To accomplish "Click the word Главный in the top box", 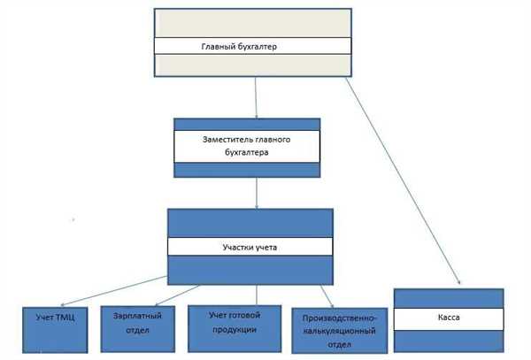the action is pyautogui.click(x=218, y=46).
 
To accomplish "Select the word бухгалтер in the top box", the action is pyautogui.click(x=258, y=47).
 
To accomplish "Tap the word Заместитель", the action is pyautogui.click(x=226, y=140).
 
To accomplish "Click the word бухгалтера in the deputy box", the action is pyautogui.click(x=247, y=153).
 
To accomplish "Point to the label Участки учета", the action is pyautogui.click(x=250, y=248).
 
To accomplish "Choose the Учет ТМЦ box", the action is pyautogui.click(x=55, y=330).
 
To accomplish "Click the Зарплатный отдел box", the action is pyautogui.click(x=138, y=329).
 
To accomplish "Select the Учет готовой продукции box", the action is pyautogui.click(x=235, y=328).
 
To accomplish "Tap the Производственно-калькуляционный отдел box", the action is pyautogui.click(x=340, y=331).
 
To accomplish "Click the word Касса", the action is pyautogui.click(x=449, y=318).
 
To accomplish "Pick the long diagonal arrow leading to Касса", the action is pyautogui.click(x=403, y=181).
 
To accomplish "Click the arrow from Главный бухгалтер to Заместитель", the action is pyautogui.click(x=256, y=98).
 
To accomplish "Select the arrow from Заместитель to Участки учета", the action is pyautogui.click(x=257, y=193).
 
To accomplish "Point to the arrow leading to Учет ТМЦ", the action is pyautogui.click(x=114, y=291).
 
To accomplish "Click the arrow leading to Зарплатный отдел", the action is pyautogui.click(x=178, y=295).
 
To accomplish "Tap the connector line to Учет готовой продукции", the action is pyautogui.click(x=257, y=295).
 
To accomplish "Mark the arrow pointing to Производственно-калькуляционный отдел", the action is pyautogui.click(x=327, y=296).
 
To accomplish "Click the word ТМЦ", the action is pyautogui.click(x=65, y=318).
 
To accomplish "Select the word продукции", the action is pyautogui.click(x=235, y=329).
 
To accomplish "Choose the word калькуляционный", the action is pyautogui.click(x=339, y=331).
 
